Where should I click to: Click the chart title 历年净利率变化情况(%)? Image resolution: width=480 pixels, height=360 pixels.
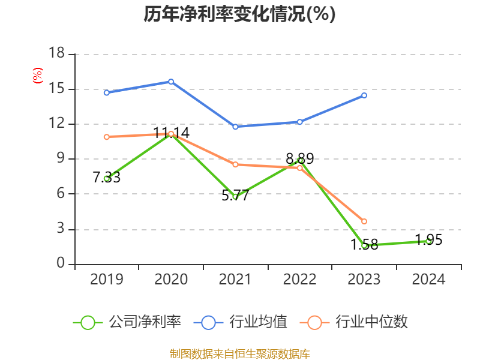pyautogui.click(x=239, y=14)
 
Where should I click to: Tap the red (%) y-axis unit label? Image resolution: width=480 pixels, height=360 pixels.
pyautogui.click(x=37, y=76)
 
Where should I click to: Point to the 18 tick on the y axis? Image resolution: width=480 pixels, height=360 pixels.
pyautogui.click(x=56, y=54)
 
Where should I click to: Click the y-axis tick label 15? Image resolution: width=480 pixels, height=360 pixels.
pyautogui.click(x=56, y=89)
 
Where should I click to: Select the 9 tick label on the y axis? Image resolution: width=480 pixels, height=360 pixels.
pyautogui.click(x=60, y=159)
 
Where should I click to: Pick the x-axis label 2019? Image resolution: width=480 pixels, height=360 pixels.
pyautogui.click(x=107, y=280)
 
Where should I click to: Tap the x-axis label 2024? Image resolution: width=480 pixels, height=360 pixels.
pyautogui.click(x=428, y=280)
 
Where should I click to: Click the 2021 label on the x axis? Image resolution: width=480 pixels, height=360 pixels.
pyautogui.click(x=235, y=280)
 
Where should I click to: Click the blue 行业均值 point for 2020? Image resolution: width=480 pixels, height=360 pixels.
pyautogui.click(x=171, y=82)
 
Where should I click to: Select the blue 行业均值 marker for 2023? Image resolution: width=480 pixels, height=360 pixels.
pyautogui.click(x=364, y=95)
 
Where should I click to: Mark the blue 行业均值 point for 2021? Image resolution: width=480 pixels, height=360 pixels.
pyautogui.click(x=235, y=127)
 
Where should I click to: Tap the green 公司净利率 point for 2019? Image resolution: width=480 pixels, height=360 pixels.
pyautogui.click(x=107, y=178)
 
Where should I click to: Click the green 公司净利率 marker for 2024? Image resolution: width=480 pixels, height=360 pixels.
pyautogui.click(x=428, y=241)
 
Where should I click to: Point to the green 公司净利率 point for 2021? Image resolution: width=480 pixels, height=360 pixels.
pyautogui.click(x=235, y=197)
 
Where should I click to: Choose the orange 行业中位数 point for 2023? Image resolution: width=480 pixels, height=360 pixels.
pyautogui.click(x=364, y=221)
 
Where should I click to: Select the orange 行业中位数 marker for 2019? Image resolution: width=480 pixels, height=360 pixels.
pyautogui.click(x=107, y=137)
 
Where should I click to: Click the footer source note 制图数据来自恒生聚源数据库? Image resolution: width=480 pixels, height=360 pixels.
pyautogui.click(x=239, y=353)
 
